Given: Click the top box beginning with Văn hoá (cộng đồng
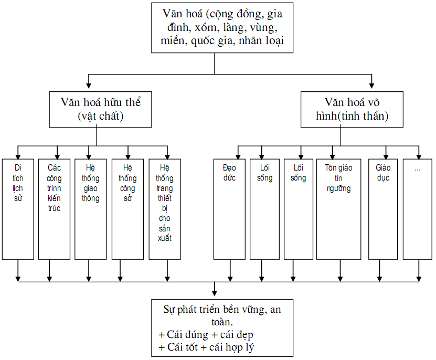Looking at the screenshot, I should [215, 27].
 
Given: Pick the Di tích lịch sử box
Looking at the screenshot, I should [18, 208].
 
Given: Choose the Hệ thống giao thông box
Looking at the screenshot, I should [90, 208].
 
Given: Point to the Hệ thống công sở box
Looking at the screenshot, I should [127, 208].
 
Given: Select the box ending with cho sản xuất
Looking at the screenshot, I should [165, 208].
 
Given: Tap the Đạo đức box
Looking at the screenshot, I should [229, 208].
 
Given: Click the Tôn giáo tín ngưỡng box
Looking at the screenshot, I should [338, 208].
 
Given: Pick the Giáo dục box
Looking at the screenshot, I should [382, 208].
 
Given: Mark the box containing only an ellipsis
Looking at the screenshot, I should [418, 208].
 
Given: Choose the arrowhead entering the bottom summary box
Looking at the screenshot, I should [214, 292].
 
